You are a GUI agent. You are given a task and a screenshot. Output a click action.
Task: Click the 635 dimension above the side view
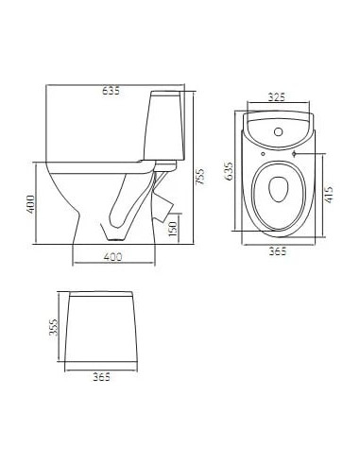pyautogui.click(x=113, y=92)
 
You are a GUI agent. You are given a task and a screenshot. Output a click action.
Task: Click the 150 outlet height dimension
pyautogui.click(x=171, y=229)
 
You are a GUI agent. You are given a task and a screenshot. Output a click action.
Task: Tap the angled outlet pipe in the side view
pyautogui.click(x=164, y=199)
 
